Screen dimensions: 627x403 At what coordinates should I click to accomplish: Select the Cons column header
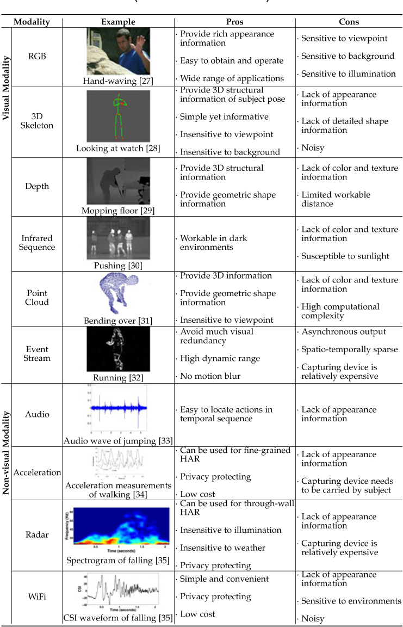click(x=348, y=22)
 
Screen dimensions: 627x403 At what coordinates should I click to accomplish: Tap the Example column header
click(x=118, y=22)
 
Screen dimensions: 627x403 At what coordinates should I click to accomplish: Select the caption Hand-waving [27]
click(x=118, y=81)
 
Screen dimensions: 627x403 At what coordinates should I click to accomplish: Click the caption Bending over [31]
click(x=118, y=321)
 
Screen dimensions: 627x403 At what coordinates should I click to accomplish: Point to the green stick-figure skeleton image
click(x=119, y=116)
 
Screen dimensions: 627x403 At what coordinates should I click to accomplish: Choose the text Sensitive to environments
click(x=351, y=601)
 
